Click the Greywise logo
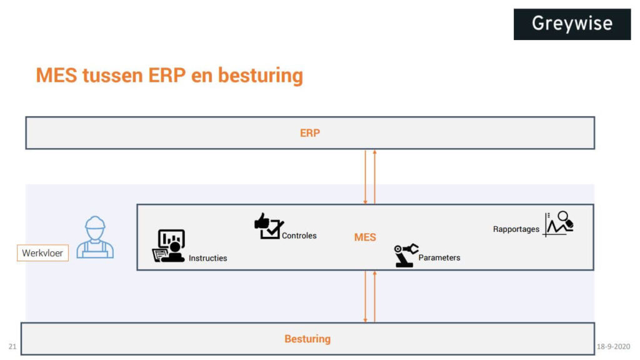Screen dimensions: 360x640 coord(572,24)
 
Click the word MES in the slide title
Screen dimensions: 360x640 coord(57,76)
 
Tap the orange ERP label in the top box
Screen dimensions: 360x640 coord(310,133)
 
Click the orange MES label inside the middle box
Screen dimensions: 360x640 coord(365,237)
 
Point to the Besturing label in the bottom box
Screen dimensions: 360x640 coord(307,339)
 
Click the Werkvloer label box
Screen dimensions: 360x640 coord(42,253)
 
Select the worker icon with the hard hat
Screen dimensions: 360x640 coord(95,237)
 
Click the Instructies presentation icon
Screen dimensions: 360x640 coord(169,246)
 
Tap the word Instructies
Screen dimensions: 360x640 coord(208,258)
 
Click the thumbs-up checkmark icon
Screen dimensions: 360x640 coord(269,226)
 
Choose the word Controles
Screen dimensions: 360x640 coord(299,236)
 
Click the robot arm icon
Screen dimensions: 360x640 coord(406,255)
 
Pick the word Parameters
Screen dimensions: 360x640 coord(439,257)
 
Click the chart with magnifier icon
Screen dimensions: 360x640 coord(558,224)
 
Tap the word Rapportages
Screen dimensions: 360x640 coord(516,229)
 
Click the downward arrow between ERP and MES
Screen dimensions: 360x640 coord(366,177)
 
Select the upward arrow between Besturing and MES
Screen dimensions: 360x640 coord(374,296)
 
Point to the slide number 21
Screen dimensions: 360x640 coord(12,346)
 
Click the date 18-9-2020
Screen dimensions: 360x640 coord(613,346)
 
